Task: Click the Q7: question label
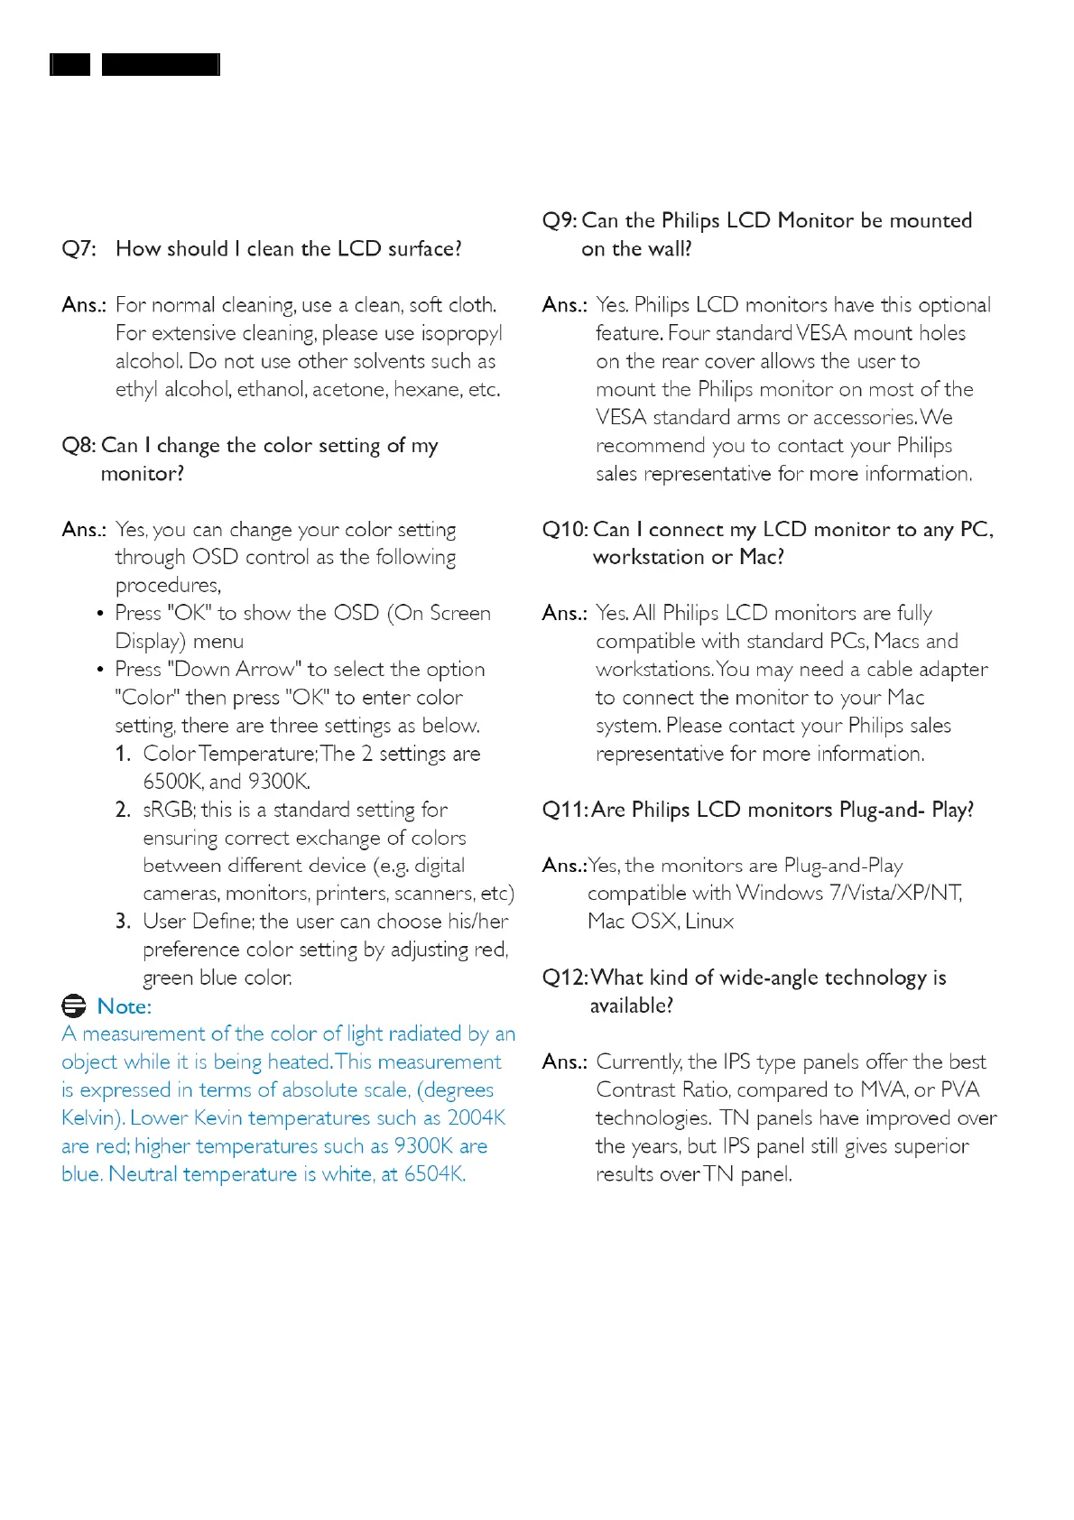click(x=79, y=249)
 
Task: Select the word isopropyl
click(x=461, y=334)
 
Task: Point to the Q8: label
click(x=79, y=446)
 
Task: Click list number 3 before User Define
click(x=123, y=922)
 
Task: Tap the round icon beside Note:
click(x=74, y=1006)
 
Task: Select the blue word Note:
click(x=125, y=1006)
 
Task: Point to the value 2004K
click(x=477, y=1118)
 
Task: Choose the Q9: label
click(x=560, y=221)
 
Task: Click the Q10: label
click(x=565, y=530)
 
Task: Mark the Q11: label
click(x=565, y=810)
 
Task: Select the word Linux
click(x=709, y=922)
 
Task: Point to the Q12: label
click(x=565, y=978)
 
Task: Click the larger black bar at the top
click(x=161, y=64)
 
